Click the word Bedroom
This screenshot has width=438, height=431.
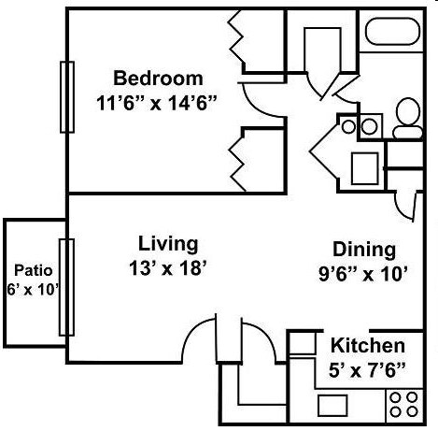(156, 77)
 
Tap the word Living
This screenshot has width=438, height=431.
(168, 244)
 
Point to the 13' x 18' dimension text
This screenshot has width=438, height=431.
(168, 267)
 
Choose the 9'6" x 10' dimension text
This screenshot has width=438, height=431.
(364, 276)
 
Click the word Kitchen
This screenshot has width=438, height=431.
(367, 346)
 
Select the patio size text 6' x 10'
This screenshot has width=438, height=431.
(33, 290)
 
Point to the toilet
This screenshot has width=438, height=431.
(406, 115)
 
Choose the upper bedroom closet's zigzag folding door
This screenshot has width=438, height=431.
(236, 39)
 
